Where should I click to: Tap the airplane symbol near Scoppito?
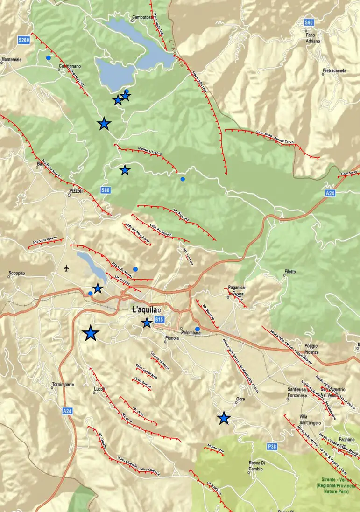point(66,268)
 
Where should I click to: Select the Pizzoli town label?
point(75,191)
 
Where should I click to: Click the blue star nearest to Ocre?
point(224,418)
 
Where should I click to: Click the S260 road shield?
point(24,41)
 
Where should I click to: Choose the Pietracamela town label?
point(334,71)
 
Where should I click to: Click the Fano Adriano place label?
point(313,38)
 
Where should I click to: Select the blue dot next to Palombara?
point(198,330)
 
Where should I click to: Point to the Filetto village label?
point(289,272)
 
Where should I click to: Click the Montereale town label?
point(12,60)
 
